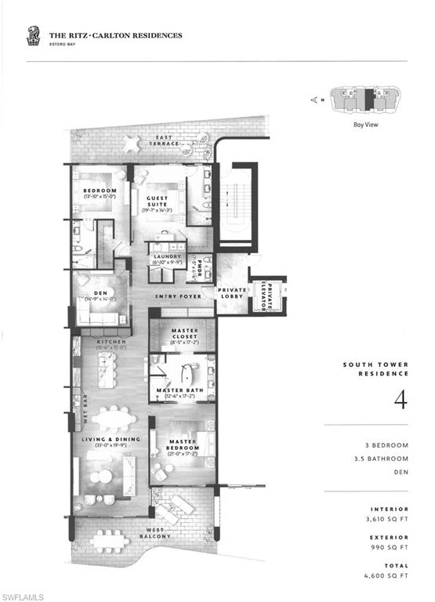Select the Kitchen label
click(111, 342)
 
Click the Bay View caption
click(366, 123)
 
